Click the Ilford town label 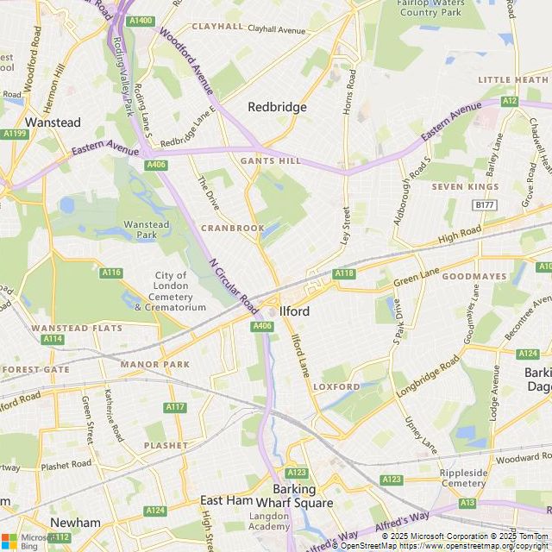coord(295,310)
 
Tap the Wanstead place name coord(53,122)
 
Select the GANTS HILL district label coord(271,161)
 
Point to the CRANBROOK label coord(233,228)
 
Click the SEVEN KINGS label coord(465,186)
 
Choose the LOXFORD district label coord(336,386)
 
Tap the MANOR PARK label coord(154,364)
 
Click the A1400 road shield coord(140,20)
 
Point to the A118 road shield coord(344,273)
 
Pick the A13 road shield coord(467,502)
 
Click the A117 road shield coord(175,406)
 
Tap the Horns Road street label coord(350,91)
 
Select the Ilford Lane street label coord(299,354)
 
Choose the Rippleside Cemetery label coord(464,478)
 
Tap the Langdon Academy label coord(269,520)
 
